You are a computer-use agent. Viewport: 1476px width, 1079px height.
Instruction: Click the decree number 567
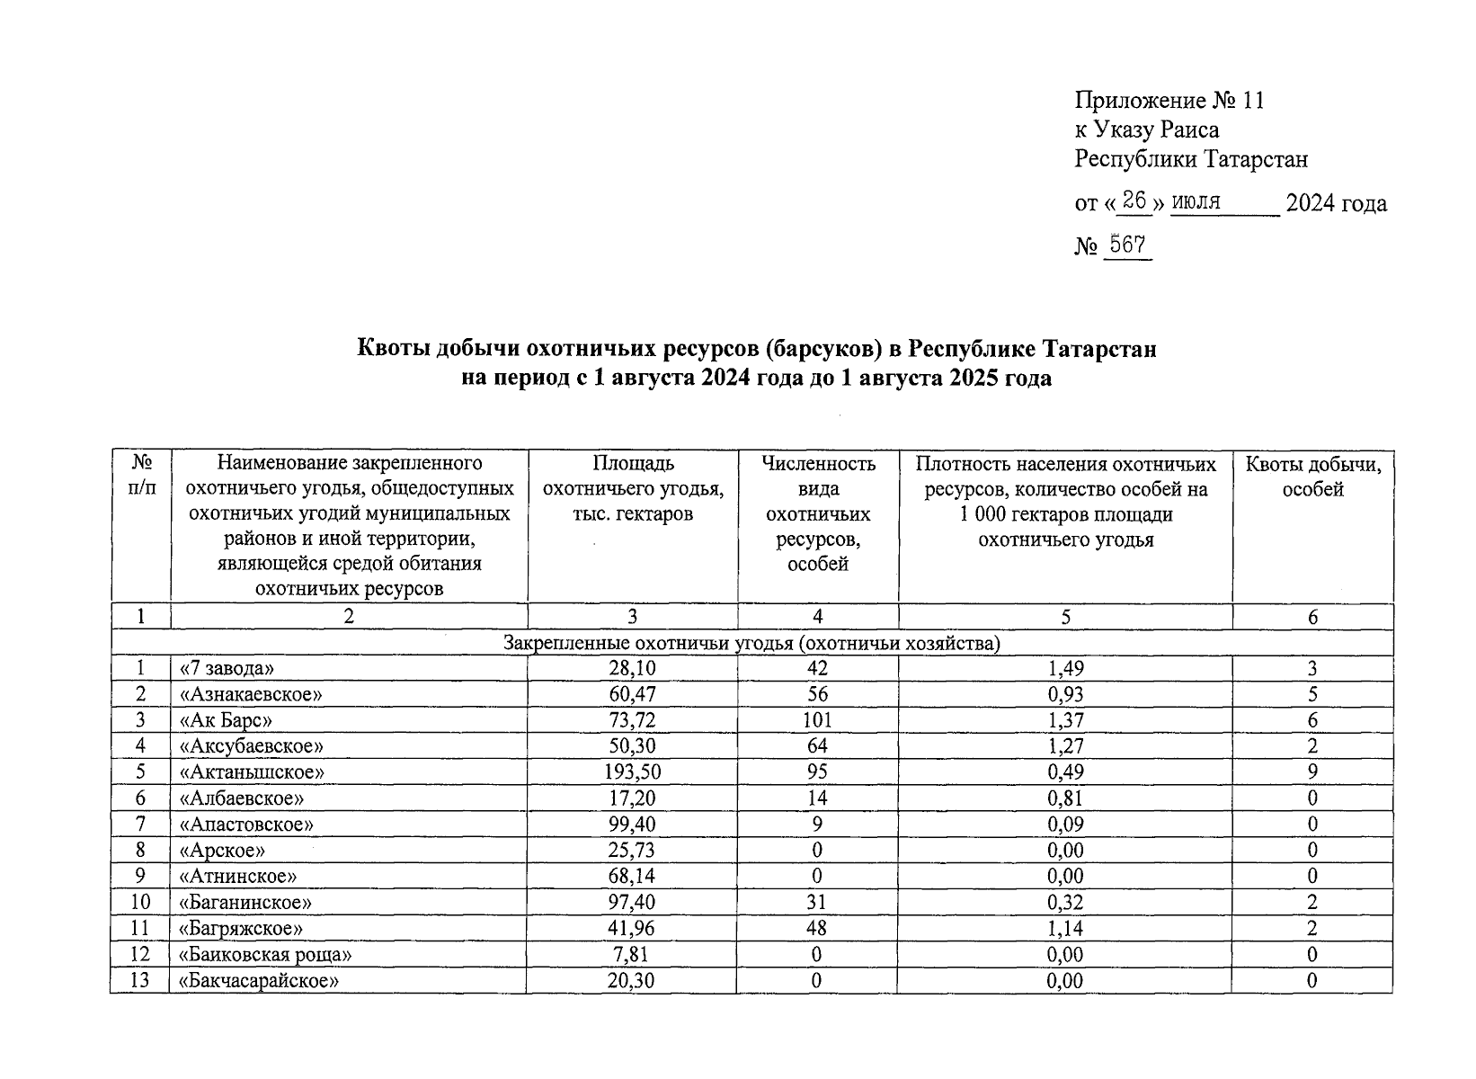[1127, 245]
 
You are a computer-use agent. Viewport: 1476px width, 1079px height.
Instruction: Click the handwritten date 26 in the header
[1134, 201]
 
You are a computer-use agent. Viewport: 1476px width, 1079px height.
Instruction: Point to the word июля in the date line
[1196, 202]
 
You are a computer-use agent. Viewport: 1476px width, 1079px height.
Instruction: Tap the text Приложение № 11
[1169, 100]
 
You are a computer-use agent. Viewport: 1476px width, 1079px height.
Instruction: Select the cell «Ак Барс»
[226, 720]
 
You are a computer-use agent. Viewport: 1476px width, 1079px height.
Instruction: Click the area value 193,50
[631, 772]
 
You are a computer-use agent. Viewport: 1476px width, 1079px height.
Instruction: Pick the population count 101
[816, 720]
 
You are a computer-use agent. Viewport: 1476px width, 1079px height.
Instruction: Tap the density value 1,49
[1065, 668]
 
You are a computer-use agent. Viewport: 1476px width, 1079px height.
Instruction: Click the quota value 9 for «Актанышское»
[1312, 772]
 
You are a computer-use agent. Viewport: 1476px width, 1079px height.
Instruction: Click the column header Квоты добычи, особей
[1312, 477]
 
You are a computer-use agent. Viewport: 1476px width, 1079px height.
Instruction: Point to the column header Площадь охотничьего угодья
[632, 489]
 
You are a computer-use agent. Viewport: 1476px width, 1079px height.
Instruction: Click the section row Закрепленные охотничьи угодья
[751, 644]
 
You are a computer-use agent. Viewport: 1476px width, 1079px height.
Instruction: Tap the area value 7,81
[631, 955]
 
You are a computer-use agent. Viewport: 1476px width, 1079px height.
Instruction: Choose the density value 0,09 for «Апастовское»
[1065, 825]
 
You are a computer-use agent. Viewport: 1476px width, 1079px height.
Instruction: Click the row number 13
[139, 981]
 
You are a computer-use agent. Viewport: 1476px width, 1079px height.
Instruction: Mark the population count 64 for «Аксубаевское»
[816, 746]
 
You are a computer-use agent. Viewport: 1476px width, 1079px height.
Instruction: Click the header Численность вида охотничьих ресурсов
[817, 514]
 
